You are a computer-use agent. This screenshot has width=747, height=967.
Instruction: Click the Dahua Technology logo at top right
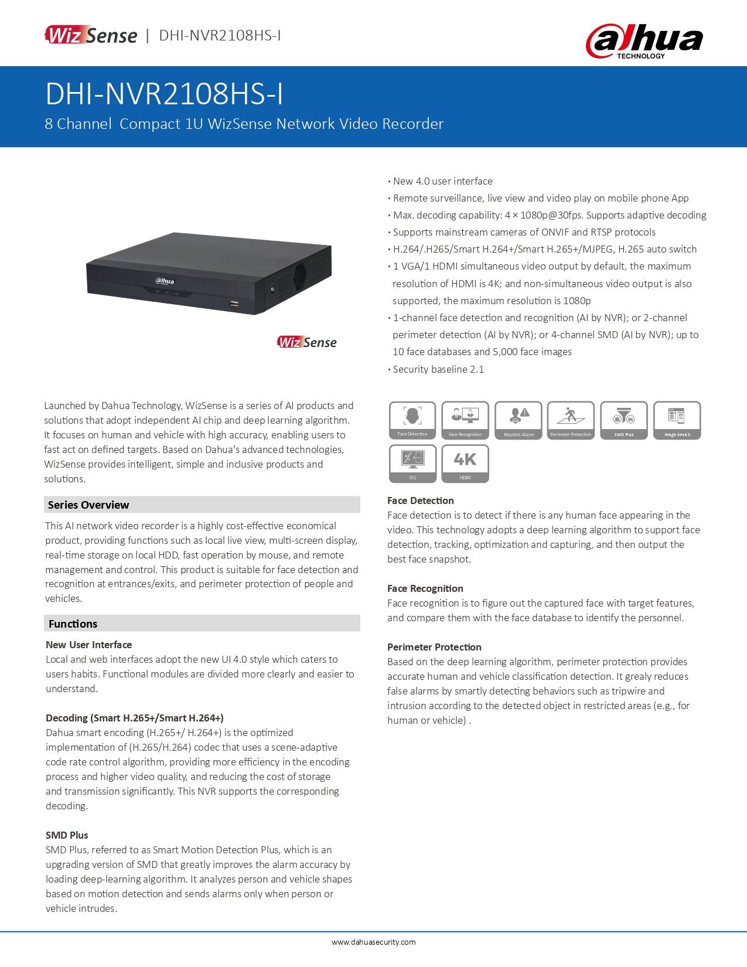pos(644,40)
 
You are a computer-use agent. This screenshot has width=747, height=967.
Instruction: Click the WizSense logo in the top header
pos(91,35)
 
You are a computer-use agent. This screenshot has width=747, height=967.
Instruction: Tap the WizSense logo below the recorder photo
pos(307,342)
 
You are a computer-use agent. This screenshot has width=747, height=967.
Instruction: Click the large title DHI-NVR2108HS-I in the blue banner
pos(164,94)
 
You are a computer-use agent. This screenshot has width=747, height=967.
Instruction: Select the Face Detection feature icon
pos(412,420)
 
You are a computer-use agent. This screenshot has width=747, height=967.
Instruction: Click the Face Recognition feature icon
pos(465,420)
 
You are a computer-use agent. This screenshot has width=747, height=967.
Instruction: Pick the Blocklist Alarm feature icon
pos(519,420)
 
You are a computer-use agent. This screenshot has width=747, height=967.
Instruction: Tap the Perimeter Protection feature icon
pos(571,420)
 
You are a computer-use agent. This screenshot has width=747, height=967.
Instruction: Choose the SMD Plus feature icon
pos(624,420)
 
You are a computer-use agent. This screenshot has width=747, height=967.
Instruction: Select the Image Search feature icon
pos(677,420)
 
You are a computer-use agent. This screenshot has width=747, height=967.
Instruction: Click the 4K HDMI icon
pos(465,463)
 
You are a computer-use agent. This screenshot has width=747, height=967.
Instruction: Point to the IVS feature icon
pos(412,463)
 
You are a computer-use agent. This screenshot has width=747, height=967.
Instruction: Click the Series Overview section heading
pos(88,505)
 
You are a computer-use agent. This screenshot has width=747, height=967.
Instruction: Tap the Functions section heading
pos(73,624)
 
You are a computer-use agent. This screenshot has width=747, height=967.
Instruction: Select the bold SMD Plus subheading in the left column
pos(67,835)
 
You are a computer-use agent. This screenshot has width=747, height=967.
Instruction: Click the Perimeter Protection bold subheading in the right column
pos(434,647)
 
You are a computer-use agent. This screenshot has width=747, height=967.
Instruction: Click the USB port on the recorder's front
pos(234,304)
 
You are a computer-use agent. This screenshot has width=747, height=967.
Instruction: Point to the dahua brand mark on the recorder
pos(165,281)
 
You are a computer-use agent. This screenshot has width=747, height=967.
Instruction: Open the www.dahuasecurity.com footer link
pos(373,942)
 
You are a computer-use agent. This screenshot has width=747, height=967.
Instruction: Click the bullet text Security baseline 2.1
pos(438,369)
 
